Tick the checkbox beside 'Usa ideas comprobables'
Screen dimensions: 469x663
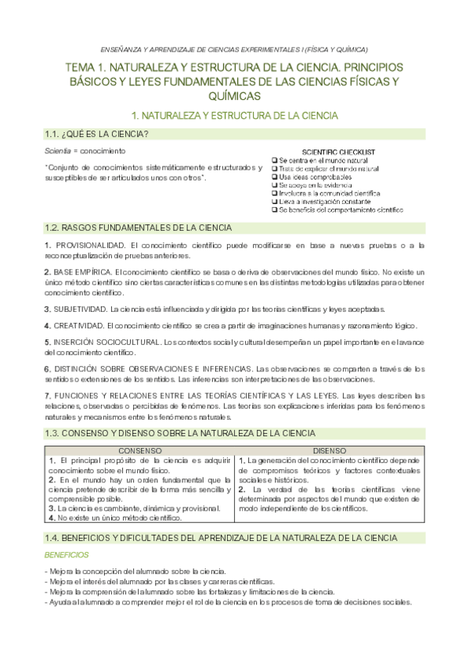(x=275, y=177)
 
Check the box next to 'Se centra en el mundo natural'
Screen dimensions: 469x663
(x=275, y=159)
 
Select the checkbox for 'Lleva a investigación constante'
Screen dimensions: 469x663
(x=275, y=202)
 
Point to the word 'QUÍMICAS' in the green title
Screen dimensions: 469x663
(x=234, y=95)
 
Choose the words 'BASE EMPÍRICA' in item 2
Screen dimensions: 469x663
(x=82, y=271)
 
